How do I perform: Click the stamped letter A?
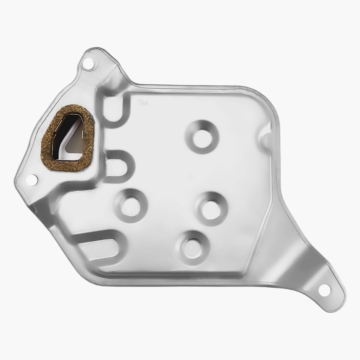[x=146, y=103]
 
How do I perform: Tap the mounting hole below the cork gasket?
[x=32, y=180]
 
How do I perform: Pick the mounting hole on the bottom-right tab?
[x=324, y=290]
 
